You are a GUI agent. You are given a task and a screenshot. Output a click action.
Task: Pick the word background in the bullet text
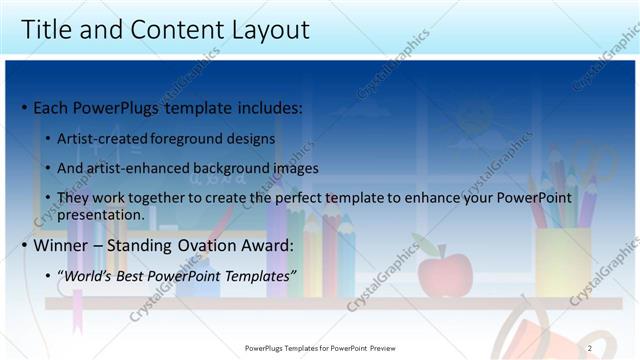click(x=234, y=168)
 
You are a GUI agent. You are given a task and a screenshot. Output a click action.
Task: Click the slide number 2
click(x=589, y=348)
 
